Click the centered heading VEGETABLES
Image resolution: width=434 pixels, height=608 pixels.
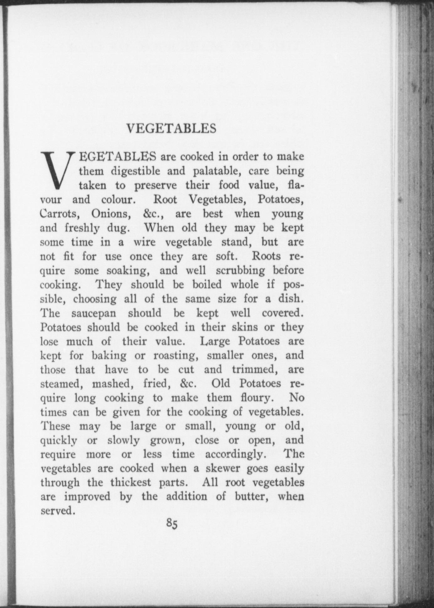point(171,128)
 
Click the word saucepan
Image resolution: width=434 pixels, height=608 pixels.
point(94,313)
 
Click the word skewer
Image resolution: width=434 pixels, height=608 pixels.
point(223,469)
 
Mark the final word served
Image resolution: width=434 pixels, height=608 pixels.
point(58,511)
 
